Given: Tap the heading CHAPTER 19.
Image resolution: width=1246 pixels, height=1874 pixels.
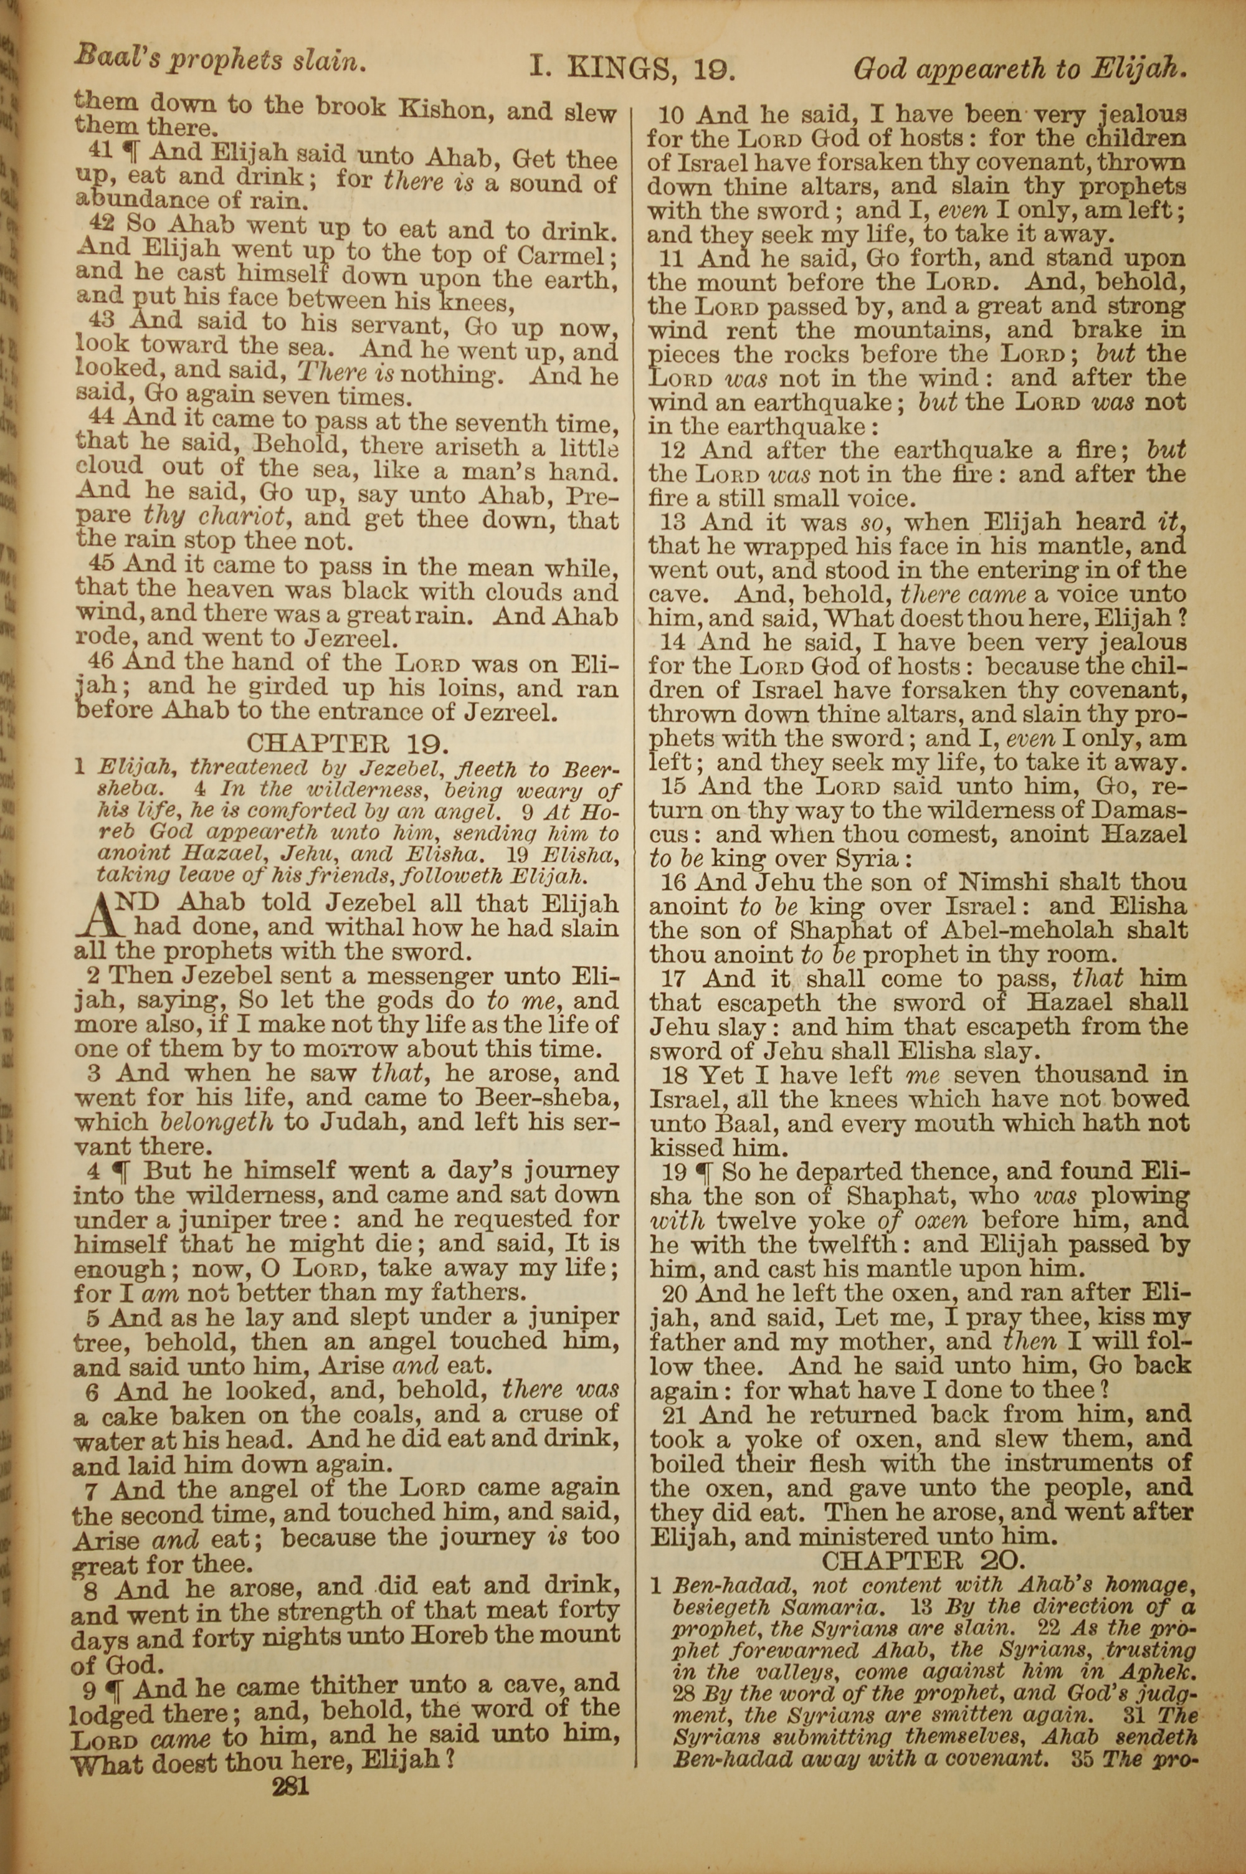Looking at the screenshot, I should (348, 744).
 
